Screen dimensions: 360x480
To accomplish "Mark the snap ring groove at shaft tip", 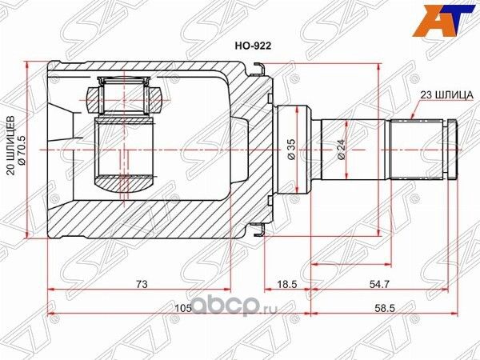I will [x=449, y=149].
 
